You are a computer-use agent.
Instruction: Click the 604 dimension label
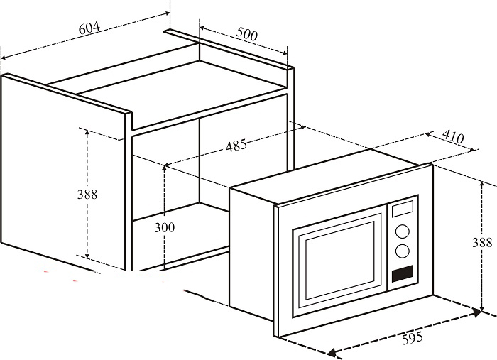(x=89, y=28)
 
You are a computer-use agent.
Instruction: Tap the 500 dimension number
(x=247, y=34)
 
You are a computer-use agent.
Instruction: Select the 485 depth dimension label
(x=236, y=146)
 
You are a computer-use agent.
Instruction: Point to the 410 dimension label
(x=453, y=136)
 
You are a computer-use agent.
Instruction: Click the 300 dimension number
(x=165, y=227)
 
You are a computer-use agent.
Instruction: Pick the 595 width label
(x=413, y=338)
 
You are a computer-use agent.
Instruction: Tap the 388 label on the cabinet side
(x=87, y=194)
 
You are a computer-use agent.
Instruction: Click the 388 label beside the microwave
(x=482, y=242)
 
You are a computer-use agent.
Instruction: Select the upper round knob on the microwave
(x=403, y=231)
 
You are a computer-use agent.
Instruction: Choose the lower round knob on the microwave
(x=403, y=251)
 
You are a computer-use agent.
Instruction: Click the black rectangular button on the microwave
(x=403, y=274)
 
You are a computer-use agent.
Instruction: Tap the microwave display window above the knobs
(x=403, y=209)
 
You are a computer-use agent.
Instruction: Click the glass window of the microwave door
(x=339, y=261)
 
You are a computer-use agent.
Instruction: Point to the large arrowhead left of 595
(x=332, y=352)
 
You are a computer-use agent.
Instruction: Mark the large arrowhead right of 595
(x=476, y=313)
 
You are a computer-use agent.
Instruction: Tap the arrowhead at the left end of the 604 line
(x=4, y=58)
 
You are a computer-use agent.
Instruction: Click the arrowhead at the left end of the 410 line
(x=429, y=135)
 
